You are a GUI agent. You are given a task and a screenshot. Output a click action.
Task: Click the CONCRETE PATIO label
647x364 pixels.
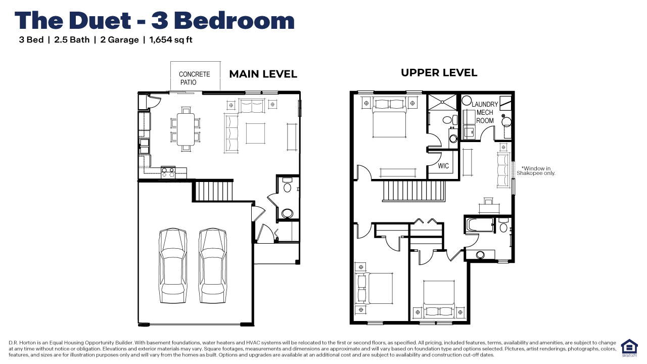(194, 78)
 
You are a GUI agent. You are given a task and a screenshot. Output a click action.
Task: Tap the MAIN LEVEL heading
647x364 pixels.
(263, 74)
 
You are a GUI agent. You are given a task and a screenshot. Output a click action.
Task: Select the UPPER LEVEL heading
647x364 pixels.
(439, 73)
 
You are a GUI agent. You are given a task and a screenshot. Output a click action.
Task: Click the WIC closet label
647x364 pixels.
(443, 166)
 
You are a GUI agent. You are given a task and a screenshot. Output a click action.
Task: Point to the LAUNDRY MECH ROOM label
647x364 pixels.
(485, 112)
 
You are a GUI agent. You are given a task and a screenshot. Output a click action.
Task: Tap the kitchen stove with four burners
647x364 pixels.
(168, 172)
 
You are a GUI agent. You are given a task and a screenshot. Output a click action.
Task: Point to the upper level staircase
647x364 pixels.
(413, 192)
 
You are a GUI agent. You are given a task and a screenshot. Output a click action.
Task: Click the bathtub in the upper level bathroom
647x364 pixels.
(480, 224)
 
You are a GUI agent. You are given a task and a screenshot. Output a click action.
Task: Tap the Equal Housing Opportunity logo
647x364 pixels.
(629, 348)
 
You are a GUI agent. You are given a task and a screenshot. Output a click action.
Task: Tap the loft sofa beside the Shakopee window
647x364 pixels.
(503, 169)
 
